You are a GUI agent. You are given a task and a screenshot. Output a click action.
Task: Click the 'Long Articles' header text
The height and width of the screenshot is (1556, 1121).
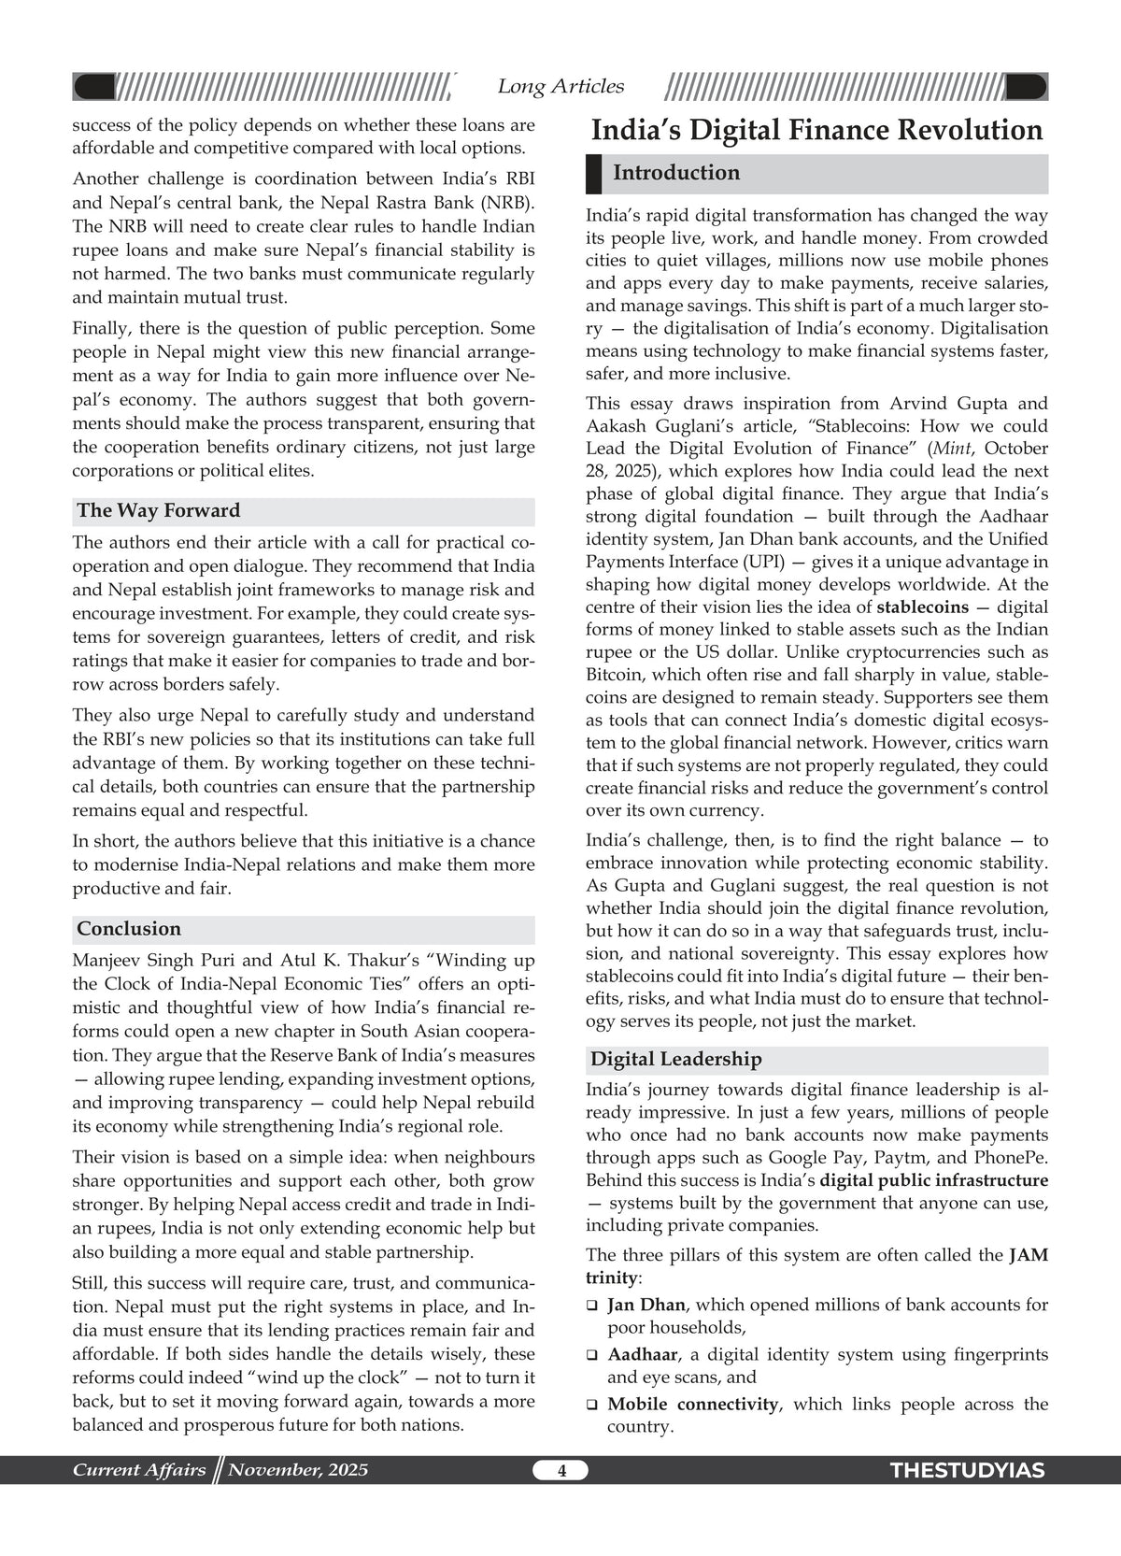click(x=560, y=87)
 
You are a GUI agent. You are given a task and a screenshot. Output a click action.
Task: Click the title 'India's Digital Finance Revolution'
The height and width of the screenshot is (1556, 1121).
click(x=816, y=130)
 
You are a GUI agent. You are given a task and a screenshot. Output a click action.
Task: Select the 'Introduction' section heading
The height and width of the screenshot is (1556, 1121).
click(x=676, y=173)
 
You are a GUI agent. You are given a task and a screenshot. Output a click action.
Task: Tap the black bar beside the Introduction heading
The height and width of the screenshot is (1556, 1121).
click(x=593, y=174)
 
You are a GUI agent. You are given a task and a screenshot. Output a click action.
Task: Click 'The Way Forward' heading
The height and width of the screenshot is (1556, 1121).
click(x=159, y=510)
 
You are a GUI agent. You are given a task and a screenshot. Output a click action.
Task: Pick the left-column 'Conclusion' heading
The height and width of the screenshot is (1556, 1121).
click(x=129, y=929)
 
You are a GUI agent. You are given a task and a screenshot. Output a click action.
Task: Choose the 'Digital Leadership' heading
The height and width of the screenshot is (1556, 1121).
click(x=676, y=1059)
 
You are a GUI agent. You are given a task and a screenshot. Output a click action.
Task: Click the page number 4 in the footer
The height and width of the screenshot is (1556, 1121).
click(x=561, y=1471)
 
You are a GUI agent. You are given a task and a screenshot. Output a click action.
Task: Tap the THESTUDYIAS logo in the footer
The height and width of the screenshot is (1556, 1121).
click(x=968, y=1471)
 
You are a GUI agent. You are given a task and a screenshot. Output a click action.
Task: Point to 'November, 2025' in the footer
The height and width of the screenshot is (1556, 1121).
click(x=298, y=1470)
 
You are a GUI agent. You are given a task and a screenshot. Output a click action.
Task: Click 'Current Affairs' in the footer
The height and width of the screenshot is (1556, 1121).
click(x=139, y=1470)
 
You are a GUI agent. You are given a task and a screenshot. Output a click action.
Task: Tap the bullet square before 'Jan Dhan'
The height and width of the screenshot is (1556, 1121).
click(x=592, y=1306)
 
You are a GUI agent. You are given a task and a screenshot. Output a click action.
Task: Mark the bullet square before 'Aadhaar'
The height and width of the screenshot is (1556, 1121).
click(x=592, y=1355)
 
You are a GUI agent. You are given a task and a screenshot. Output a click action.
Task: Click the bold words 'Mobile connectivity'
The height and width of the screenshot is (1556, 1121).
click(x=692, y=1404)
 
